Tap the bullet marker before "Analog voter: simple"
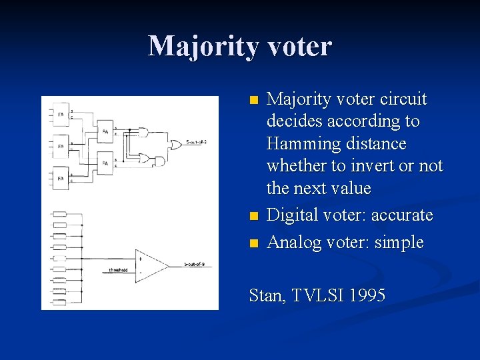coord(253,243)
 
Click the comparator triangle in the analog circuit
coord(152,264)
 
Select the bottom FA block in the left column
coord(60,178)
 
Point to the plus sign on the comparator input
coord(141,258)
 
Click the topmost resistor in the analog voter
coord(59,214)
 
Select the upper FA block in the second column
coord(105,132)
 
